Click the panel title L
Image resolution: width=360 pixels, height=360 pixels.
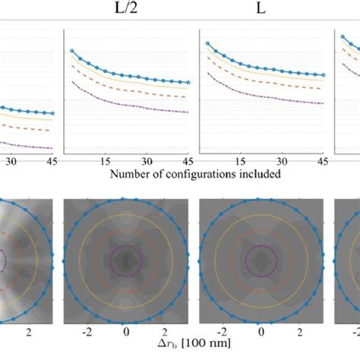tap(261, 9)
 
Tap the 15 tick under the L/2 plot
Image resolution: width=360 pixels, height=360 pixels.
tap(106, 162)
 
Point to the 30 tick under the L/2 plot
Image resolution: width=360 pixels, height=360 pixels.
tap(147, 162)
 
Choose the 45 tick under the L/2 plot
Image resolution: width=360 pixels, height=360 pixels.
tap(186, 162)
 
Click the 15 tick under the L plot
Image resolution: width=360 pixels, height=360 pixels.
tap(242, 162)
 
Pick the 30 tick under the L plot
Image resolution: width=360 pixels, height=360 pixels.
tap(283, 162)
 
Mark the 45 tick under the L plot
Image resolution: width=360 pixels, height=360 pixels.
tap(322, 162)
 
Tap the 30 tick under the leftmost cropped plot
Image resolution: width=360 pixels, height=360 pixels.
tap(11, 162)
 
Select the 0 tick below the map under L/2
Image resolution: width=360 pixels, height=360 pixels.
tap(125, 332)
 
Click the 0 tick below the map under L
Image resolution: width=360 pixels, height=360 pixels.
tap(261, 332)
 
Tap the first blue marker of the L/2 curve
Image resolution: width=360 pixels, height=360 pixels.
tap(72, 51)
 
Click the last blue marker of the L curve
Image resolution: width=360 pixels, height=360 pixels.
tap(324, 75)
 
